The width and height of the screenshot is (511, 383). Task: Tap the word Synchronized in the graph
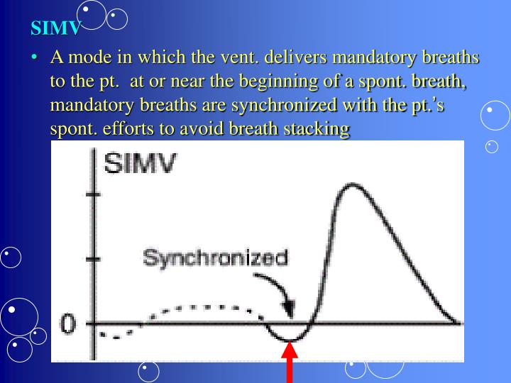[215, 257]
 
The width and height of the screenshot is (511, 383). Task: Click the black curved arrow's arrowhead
[288, 311]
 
